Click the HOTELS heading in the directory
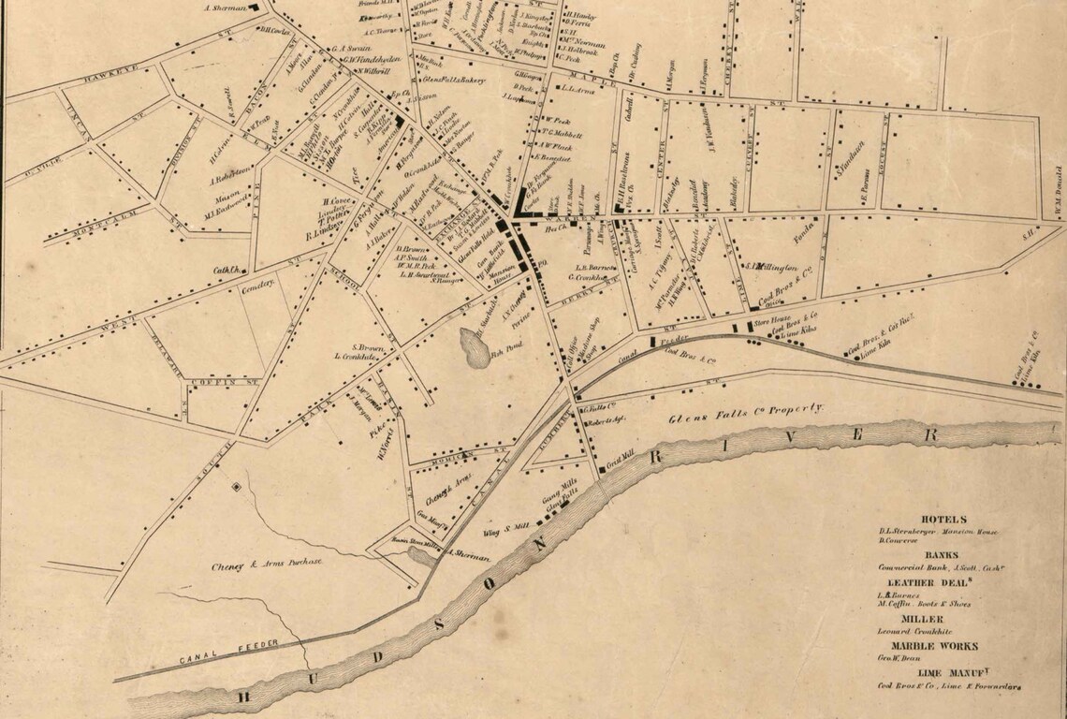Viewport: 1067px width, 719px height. [943, 519]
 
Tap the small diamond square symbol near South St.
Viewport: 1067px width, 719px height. [236, 487]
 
